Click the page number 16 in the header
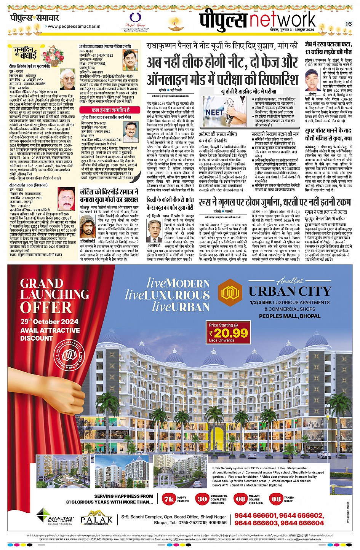(x=348, y=24)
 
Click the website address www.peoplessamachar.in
(x=74, y=27)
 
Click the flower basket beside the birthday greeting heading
(x=53, y=54)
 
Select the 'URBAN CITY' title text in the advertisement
(x=290, y=292)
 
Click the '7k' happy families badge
(x=168, y=499)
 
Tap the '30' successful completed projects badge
(x=202, y=499)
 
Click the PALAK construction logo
(x=97, y=518)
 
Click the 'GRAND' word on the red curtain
(x=42, y=283)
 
